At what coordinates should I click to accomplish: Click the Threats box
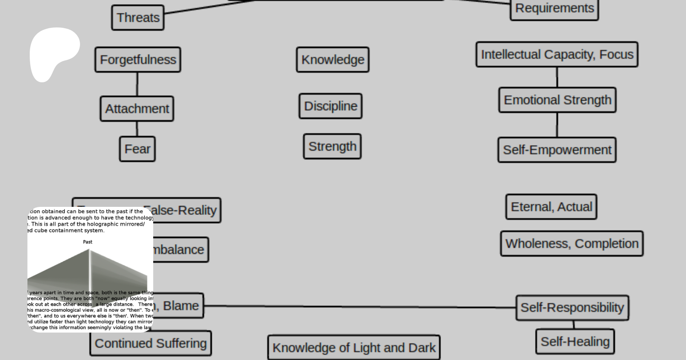click(138, 18)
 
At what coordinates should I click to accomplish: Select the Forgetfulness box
click(138, 60)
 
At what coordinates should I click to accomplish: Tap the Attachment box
click(137, 109)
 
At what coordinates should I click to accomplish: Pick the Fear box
click(137, 149)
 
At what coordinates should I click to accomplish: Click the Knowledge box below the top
click(333, 60)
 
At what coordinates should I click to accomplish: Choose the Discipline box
click(330, 106)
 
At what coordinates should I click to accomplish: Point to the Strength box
click(332, 146)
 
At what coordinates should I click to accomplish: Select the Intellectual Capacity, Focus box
click(557, 54)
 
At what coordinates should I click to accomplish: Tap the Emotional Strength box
click(557, 100)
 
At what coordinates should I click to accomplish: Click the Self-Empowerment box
click(557, 150)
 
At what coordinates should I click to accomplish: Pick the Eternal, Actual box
click(551, 207)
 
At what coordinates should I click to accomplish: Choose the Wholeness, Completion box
click(572, 243)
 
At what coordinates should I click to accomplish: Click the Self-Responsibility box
click(572, 307)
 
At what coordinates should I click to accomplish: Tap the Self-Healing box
click(575, 342)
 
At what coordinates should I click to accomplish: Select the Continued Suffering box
click(151, 343)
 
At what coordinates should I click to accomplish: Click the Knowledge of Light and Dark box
click(354, 347)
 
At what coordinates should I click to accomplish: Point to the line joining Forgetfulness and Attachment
click(137, 84)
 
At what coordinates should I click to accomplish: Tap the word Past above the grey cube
click(88, 242)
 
